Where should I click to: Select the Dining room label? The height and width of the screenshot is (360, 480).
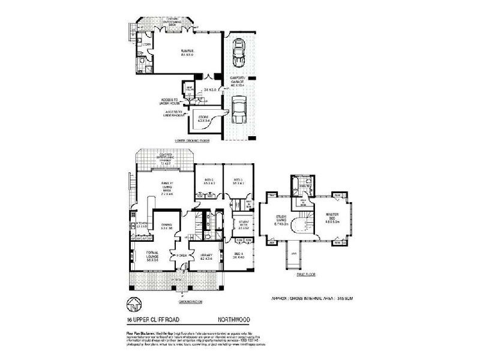pos(167,226)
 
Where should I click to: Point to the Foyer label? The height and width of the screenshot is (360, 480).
pos(180,255)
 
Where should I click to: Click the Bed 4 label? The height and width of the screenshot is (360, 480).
pos(239,256)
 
